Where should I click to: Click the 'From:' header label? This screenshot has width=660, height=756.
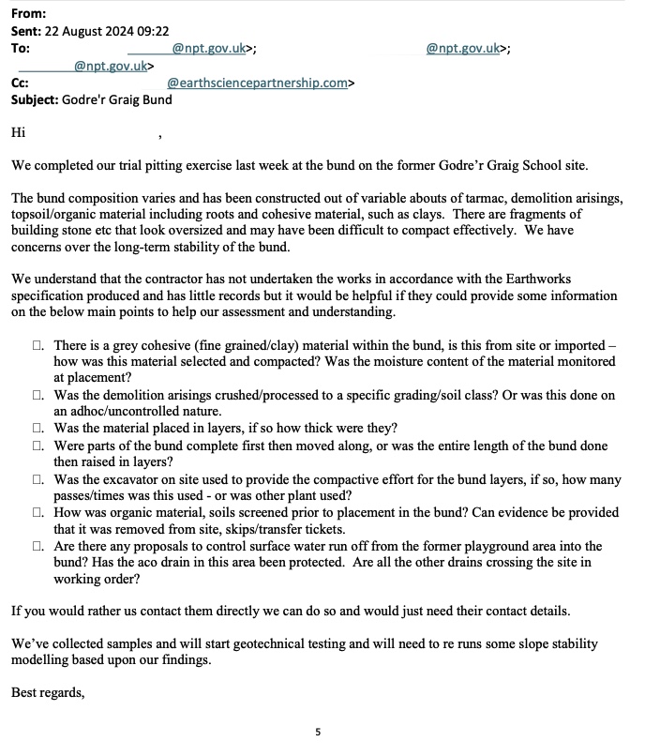(x=28, y=14)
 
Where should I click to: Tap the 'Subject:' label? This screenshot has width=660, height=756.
(x=35, y=99)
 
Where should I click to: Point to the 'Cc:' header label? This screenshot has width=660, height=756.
(x=20, y=83)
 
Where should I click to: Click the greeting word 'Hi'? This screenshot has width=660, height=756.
(x=18, y=133)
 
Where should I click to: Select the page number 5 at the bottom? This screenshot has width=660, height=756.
(x=318, y=731)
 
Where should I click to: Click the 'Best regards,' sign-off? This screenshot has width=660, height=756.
(x=48, y=693)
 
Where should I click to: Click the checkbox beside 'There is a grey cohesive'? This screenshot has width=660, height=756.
(x=38, y=346)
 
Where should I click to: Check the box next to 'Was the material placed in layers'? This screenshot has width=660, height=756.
(x=38, y=428)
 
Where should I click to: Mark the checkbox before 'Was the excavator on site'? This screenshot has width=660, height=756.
(x=38, y=478)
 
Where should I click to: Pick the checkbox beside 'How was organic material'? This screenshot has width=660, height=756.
(x=38, y=513)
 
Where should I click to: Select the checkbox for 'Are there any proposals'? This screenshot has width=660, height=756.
(x=38, y=546)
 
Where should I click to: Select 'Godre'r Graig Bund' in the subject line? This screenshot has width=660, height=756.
(x=117, y=99)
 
